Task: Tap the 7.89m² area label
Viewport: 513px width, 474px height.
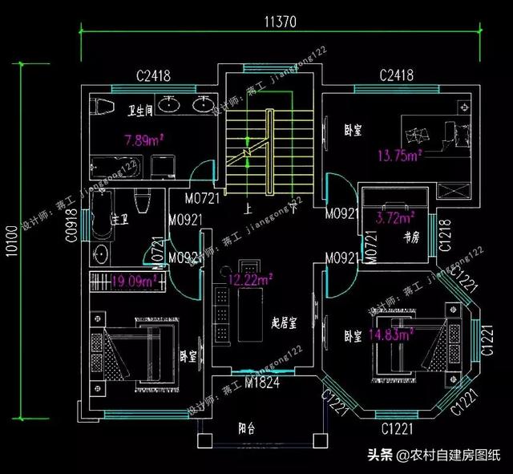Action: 144,141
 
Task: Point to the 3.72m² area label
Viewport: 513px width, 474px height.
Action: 395,217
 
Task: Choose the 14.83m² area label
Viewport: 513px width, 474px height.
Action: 390,332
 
